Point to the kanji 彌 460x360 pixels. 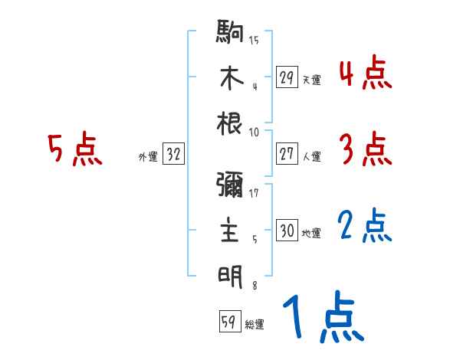(231, 186)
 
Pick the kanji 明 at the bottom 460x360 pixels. (231, 274)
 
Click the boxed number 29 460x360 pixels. (287, 77)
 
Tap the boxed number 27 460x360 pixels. (287, 154)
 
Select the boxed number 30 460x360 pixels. (287, 231)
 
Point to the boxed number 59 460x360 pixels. (228, 322)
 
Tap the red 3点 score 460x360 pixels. (364, 150)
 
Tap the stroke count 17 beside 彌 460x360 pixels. (255, 193)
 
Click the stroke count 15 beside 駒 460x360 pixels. (254, 39)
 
